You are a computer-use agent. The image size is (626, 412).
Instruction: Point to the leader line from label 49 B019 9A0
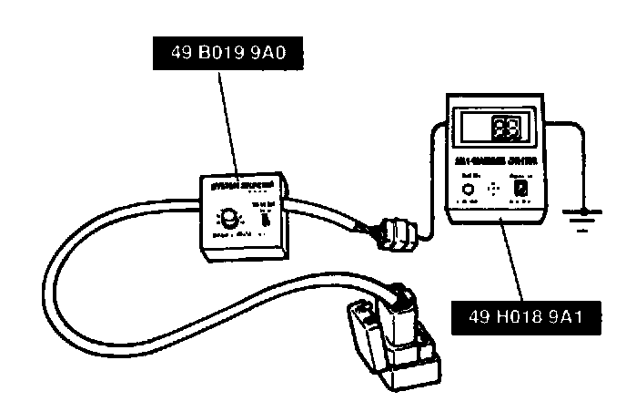tap(228, 118)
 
